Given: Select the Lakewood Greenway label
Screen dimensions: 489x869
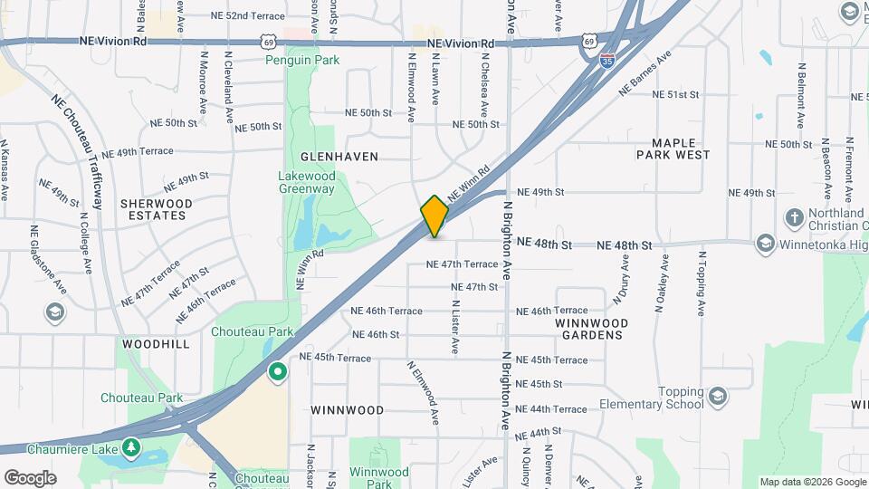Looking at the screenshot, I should click(307, 182).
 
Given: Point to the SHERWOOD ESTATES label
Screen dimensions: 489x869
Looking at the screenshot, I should click(157, 210).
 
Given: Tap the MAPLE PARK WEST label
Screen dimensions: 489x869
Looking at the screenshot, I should click(680, 149).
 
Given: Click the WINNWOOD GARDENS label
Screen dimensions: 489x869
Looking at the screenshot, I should click(591, 329).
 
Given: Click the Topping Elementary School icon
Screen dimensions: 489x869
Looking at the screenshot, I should click(718, 396).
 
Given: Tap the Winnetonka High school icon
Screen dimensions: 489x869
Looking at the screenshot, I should click(766, 243).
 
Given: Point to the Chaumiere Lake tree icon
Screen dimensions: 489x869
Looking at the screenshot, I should click(132, 447).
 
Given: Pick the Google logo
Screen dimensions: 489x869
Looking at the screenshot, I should click(30, 477).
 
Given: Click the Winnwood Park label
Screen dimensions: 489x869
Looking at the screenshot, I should click(379, 478).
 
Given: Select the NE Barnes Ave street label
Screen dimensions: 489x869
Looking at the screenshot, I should click(645, 72).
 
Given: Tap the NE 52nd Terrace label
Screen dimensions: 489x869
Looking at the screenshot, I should click(247, 16).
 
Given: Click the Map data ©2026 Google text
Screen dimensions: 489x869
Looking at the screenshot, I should click(812, 482).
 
